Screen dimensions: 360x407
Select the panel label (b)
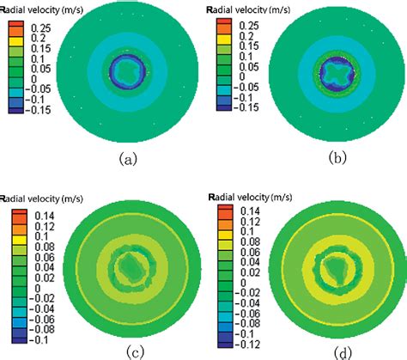point(329,159)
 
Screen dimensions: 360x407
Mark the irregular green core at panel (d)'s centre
point(332,266)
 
